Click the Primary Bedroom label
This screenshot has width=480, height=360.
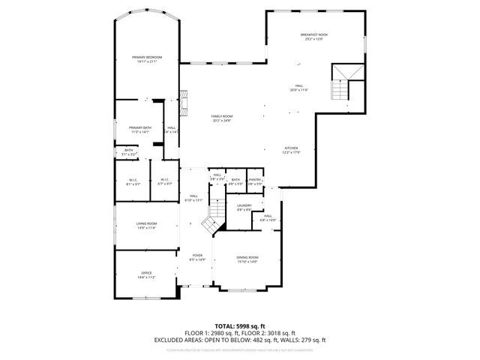[147, 57]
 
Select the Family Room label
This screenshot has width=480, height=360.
[221, 116]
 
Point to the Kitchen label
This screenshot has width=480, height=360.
[291, 148]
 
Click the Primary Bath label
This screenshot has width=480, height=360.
[140, 127]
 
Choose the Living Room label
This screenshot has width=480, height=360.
[146, 223]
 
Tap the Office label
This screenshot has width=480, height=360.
[146, 273]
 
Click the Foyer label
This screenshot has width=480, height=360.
[197, 255]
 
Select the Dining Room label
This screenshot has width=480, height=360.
[247, 257]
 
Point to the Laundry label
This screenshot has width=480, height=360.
[244, 205]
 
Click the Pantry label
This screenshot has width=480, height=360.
[256, 179]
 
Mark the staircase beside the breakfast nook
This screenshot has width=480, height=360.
[343, 82]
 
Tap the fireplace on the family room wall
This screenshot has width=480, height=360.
[182, 100]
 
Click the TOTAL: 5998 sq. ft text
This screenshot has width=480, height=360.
[240, 325]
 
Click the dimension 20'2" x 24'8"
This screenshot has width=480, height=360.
[221, 121]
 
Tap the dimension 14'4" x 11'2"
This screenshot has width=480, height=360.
[146, 277]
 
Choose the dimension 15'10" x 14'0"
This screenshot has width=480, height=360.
[247, 262]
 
